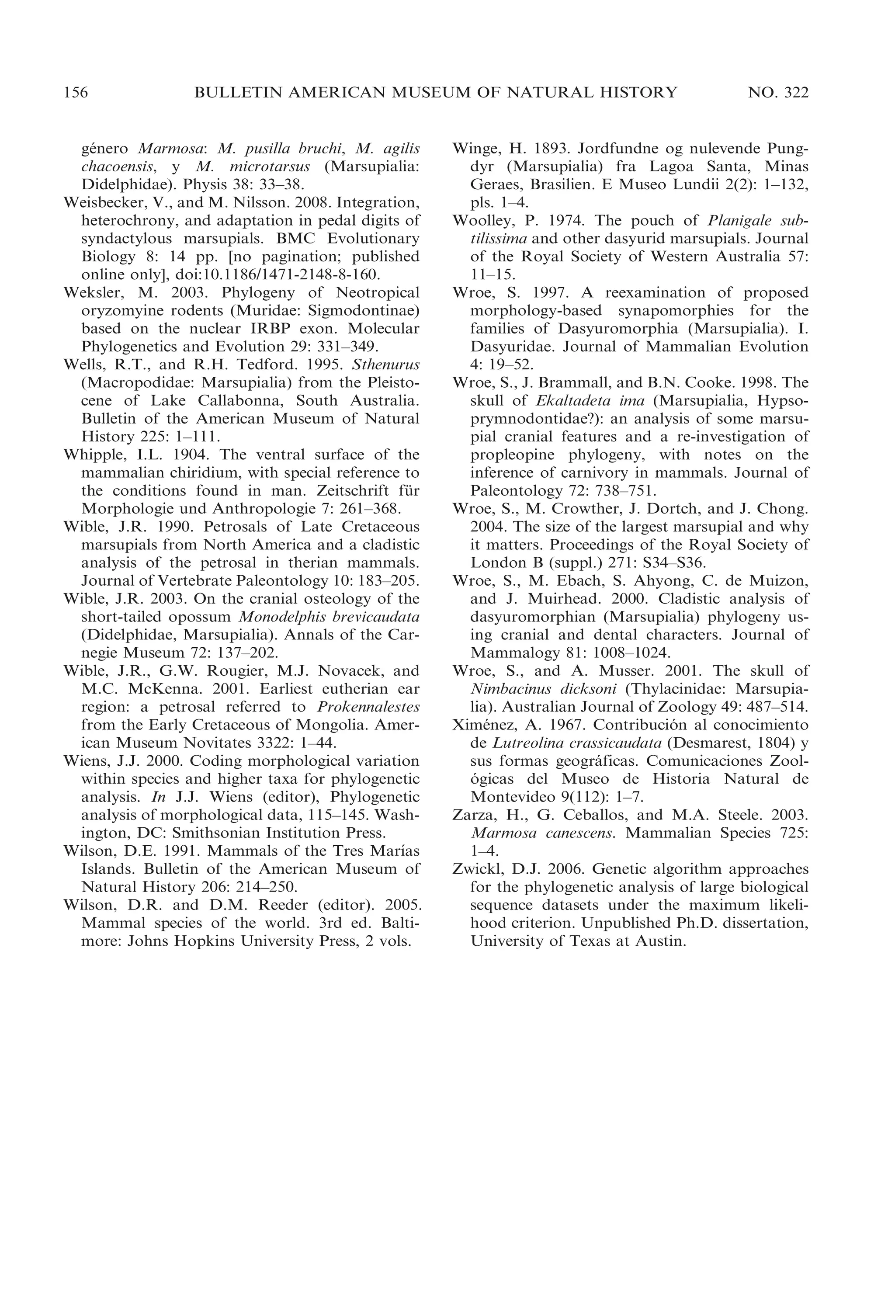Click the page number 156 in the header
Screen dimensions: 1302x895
(x=76, y=93)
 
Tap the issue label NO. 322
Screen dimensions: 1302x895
(x=778, y=93)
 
